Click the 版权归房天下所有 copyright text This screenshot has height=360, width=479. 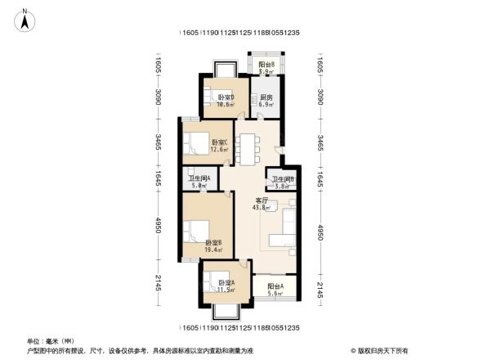(380, 349)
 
